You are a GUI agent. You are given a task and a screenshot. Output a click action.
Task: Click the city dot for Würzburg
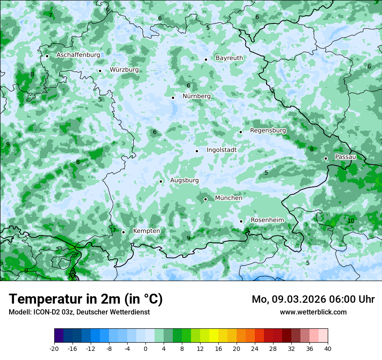100,71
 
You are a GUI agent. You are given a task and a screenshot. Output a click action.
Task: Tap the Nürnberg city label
196,96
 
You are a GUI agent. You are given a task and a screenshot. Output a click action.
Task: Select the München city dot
206,200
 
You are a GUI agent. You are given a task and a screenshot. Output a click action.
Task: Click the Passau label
346,157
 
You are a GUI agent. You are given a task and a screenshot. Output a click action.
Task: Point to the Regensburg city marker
240,132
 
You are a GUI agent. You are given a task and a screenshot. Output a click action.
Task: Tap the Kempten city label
146,231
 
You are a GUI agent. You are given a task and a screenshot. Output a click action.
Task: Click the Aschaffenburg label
78,55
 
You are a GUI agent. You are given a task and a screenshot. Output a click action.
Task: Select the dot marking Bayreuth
206,60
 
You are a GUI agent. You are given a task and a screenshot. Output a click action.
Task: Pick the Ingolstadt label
221,150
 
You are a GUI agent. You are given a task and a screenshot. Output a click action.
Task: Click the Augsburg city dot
161,182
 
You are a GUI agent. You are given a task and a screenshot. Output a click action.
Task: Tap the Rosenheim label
267,220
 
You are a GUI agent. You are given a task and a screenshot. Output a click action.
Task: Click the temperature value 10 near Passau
351,221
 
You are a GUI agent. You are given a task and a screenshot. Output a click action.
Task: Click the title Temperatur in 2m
86,299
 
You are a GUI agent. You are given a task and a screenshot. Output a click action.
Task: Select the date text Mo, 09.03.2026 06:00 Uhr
313,299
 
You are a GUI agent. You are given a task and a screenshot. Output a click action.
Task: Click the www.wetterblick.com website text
313,312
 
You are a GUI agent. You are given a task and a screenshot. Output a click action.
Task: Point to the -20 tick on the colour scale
54,348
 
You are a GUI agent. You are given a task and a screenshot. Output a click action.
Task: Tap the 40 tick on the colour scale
328,348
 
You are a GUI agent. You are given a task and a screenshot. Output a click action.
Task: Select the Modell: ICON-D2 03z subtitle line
79,312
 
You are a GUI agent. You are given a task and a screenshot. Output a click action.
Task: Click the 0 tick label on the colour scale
145,348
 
